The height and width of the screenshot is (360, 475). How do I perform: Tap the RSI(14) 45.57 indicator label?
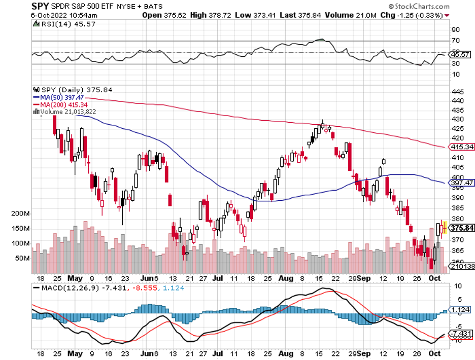pos(53,24)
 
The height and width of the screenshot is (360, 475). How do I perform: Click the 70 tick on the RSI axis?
pos(456,41)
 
